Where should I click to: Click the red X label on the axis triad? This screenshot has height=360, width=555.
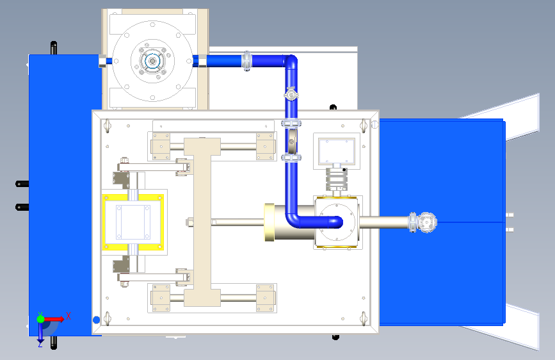(68, 315)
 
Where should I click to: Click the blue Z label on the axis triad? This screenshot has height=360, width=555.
(40, 343)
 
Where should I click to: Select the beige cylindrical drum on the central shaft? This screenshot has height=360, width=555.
(277, 222)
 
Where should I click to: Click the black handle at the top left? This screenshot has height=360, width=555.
(54, 48)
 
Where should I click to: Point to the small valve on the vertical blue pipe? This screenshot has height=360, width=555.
(291, 95)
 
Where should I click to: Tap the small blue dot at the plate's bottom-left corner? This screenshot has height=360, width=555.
(97, 319)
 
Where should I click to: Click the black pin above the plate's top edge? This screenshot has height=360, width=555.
(332, 107)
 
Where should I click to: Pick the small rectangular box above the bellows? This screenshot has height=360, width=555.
(336, 151)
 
